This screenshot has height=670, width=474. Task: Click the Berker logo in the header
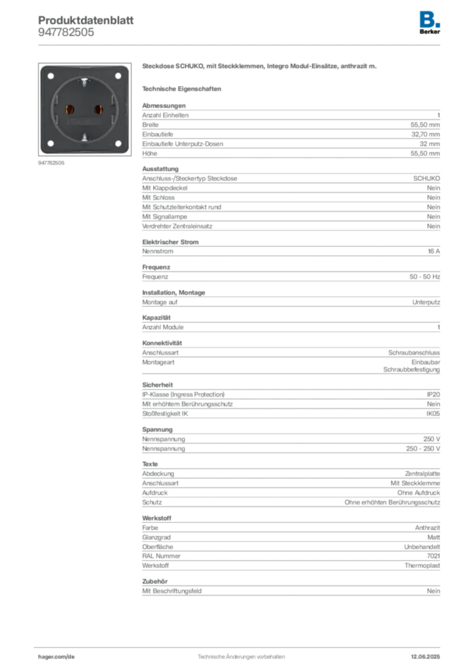429,23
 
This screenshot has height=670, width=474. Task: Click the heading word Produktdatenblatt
86,20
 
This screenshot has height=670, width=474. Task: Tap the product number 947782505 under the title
66,33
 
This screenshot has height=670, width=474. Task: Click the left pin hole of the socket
69,109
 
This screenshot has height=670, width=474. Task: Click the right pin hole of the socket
99,109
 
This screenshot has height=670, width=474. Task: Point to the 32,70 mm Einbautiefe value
426,134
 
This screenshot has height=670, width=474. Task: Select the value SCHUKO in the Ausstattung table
427,178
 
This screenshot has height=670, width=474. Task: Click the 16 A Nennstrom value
434,251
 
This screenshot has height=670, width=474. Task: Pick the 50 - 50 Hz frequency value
424,277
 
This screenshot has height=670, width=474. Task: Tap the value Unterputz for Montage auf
426,302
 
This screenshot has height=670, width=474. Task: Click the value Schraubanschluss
414,353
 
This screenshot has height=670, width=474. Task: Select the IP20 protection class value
433,395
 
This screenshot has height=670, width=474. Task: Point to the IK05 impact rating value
433,414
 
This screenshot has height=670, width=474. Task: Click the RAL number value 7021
433,556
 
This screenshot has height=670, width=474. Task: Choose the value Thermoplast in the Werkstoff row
422,565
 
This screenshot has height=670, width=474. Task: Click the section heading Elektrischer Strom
170,242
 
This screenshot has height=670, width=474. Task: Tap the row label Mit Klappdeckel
164,188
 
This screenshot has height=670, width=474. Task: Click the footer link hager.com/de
56,657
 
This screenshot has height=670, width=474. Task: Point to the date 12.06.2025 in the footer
426,657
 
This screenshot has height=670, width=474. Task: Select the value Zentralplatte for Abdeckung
422,474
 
